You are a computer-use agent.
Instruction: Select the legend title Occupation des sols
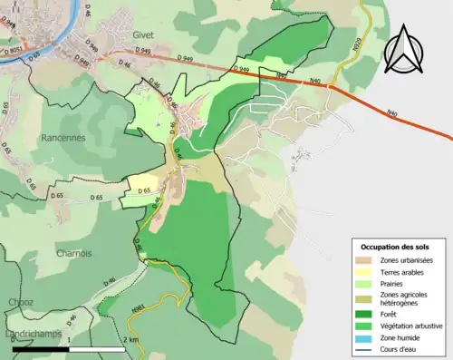point(395,247)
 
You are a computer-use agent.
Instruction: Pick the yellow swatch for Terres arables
point(367,273)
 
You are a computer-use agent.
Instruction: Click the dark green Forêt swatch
point(367,314)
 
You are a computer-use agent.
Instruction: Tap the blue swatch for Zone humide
point(367,338)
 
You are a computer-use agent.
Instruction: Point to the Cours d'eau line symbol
point(367,349)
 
